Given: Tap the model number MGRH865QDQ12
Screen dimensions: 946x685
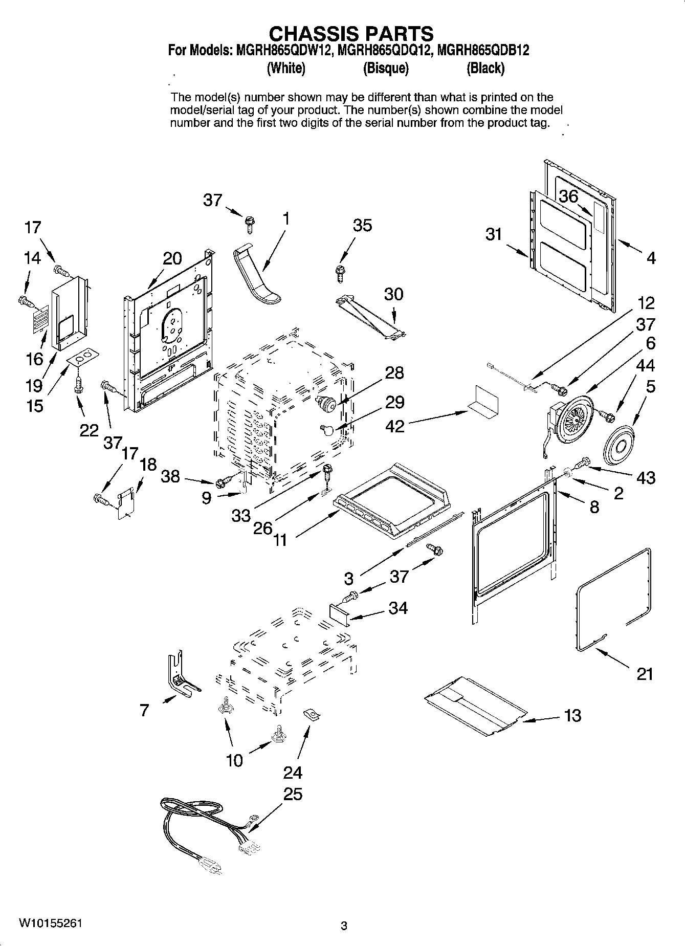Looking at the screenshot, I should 381,50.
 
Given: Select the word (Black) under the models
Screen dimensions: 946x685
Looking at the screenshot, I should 485,68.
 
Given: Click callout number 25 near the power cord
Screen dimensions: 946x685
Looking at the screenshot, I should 293,794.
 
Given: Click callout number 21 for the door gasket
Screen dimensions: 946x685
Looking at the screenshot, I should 645,674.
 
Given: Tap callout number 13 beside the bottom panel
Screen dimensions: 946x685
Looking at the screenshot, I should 572,715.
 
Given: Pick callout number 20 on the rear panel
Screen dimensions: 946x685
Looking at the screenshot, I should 172,259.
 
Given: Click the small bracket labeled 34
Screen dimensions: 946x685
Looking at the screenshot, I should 338,612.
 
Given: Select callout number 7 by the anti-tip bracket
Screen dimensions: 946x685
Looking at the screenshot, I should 144,710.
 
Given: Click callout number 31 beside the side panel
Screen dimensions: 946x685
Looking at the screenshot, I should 494,235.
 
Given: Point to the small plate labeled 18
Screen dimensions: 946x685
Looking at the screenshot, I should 125,504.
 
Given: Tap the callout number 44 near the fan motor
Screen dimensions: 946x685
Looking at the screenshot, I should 645,365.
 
